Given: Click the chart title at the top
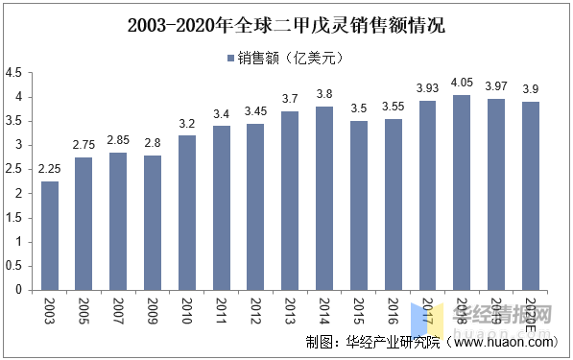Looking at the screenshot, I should pyautogui.click(x=286, y=26).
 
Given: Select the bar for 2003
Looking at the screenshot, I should pyautogui.click(x=50, y=235).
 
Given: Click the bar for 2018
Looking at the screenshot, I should pyautogui.click(x=461, y=192).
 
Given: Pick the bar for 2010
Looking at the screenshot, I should pyautogui.click(x=187, y=212).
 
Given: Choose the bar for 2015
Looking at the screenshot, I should pyautogui.click(x=358, y=204).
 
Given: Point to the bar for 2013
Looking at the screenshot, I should pyautogui.click(x=290, y=200).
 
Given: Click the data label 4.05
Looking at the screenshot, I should pyautogui.click(x=461, y=83).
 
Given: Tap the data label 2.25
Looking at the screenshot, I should pyautogui.click(x=50, y=169).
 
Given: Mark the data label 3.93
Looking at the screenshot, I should pyautogui.click(x=426, y=88).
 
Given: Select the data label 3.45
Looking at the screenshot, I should pyautogui.click(x=255, y=111).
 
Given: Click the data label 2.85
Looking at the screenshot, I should pyautogui.click(x=118, y=140).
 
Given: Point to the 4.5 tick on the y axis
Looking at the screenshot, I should pyautogui.click(x=13, y=73).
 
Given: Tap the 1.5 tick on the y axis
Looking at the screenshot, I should pyautogui.click(x=13, y=217).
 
